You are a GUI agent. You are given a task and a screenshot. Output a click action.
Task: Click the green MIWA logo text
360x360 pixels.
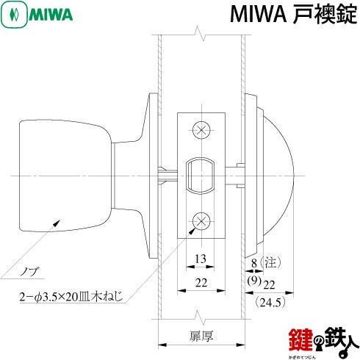[x=51, y=15]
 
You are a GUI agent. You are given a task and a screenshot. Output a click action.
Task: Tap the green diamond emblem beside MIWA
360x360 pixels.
[x=14, y=15]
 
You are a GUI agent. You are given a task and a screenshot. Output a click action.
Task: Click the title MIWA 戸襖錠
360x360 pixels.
[x=293, y=15]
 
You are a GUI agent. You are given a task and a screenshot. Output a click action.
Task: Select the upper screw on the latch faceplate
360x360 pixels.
[x=201, y=130]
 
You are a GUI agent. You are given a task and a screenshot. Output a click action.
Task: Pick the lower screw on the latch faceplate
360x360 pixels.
[x=201, y=221]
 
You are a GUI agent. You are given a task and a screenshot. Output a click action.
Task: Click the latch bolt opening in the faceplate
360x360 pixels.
[x=201, y=176]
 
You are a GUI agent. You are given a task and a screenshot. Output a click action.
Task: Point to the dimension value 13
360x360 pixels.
[x=201, y=259]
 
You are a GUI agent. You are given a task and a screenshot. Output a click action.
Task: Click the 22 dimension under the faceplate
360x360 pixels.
[x=201, y=283]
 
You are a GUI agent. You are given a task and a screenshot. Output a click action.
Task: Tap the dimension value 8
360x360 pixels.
[x=254, y=263]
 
